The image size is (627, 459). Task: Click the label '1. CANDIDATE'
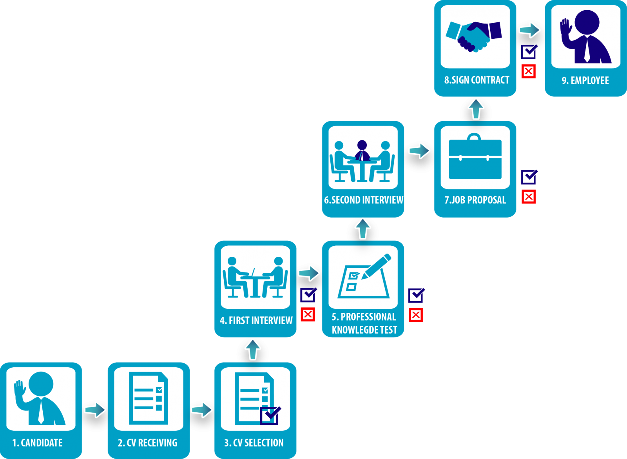pos(38,443)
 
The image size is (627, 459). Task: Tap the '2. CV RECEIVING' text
pos(148,443)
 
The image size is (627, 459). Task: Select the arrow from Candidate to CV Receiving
pos(95,409)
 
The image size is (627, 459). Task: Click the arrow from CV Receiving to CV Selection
pos(202,409)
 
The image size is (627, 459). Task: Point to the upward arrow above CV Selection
pos(253,349)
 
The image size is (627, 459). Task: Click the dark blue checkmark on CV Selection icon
pos(270,415)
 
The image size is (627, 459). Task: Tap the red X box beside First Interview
pos(308,314)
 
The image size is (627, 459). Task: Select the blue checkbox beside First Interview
pos(308,295)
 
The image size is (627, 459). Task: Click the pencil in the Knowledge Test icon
pos(377,266)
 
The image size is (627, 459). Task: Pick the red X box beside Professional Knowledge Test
pos(416,315)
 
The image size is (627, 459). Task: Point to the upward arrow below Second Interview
pos(363,228)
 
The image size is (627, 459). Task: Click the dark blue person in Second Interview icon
pos(362,151)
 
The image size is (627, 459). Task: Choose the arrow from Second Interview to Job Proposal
pos(419,151)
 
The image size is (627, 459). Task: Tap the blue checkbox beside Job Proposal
pos(529,177)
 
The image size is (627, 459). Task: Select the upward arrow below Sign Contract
pos(476,108)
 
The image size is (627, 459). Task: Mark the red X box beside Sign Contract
pos(529,71)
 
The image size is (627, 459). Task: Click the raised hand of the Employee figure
pos(566,29)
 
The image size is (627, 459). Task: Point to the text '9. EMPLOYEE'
pos(585,80)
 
